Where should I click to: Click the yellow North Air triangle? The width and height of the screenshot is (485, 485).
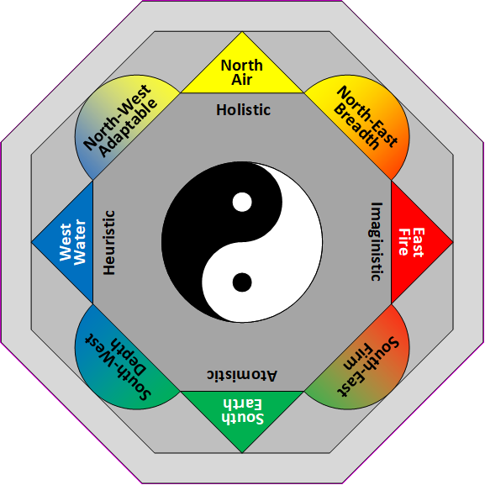pos(242,69)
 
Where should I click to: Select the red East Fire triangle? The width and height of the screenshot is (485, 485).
pos(415,242)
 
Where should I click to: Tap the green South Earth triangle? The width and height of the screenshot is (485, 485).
pos(242,413)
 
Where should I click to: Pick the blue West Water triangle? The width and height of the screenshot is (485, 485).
pos(70,242)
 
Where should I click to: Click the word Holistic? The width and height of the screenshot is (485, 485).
pos(243,109)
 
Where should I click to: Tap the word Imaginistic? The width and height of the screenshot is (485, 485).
pos(376,241)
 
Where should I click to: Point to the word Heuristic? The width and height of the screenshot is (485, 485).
pos(108,242)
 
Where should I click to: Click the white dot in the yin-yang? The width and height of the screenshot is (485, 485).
pos(242,203)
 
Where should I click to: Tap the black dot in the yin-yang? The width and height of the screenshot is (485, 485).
pos(242,282)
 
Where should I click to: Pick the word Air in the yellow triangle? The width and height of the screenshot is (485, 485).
pos(242,80)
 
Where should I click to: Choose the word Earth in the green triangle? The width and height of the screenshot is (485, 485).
pos(242,404)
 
